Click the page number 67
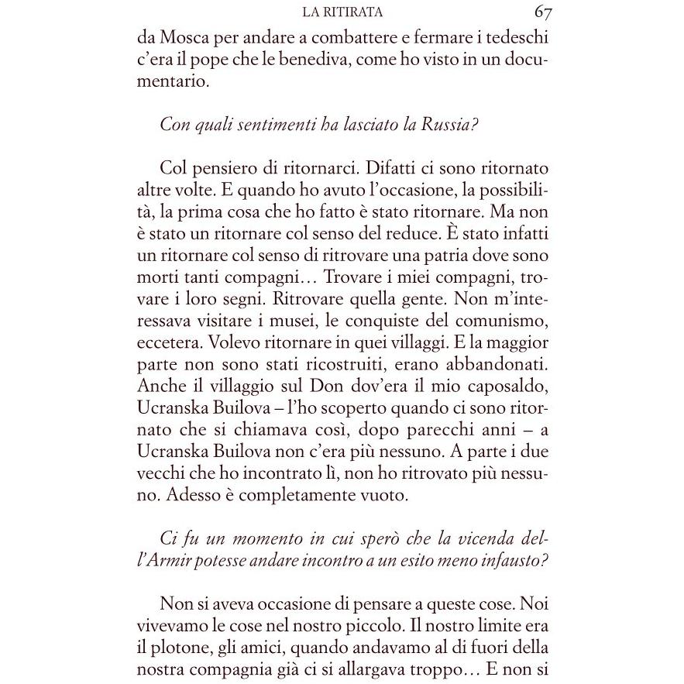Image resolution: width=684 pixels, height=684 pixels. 541,12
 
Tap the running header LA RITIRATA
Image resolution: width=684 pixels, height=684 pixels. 345,13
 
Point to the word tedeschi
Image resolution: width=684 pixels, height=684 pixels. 515,38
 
